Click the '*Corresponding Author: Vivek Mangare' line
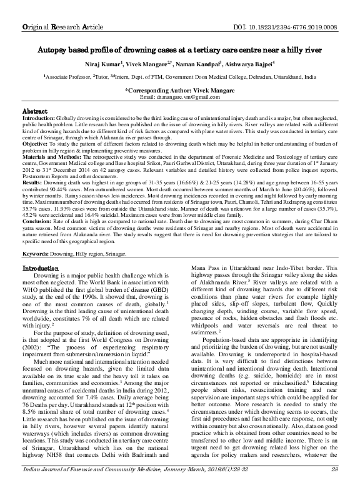179,91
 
